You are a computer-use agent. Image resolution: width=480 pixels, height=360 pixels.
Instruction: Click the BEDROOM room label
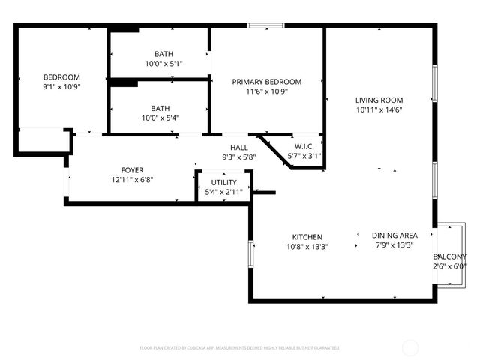coord(61,77)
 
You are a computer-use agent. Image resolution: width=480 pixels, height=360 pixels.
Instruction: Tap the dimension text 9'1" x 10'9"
coord(61,87)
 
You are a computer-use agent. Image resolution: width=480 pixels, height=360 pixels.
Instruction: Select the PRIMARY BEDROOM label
coord(266,82)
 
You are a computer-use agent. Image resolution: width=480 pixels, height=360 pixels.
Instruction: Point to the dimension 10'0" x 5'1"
coord(163,64)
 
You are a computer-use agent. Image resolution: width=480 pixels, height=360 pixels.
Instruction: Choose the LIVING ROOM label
coord(379,100)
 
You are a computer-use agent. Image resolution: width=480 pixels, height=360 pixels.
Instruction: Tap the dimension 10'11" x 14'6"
coord(379,109)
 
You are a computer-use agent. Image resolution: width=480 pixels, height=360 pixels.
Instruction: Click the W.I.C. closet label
coord(304,146)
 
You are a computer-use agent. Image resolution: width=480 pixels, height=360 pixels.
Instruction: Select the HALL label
coord(239,148)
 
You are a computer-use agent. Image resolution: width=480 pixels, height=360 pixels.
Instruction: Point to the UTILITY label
coord(223,182)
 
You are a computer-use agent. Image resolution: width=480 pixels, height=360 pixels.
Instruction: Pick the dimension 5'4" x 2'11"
coord(223,192)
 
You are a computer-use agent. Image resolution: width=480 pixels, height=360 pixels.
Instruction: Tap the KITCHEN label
coord(307,236)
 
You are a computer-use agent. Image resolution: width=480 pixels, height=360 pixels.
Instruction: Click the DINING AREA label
coord(394,235)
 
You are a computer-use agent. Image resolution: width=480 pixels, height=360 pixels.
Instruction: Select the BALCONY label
coord(449,256)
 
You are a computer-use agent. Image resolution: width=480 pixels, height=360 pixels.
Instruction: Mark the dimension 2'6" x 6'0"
coord(449,266)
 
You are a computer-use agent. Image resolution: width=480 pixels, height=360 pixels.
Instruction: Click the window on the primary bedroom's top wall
coord(265,27)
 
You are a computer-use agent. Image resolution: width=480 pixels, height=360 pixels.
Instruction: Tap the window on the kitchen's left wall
coord(250,259)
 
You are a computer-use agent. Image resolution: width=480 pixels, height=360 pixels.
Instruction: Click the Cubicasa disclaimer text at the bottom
coord(240,347)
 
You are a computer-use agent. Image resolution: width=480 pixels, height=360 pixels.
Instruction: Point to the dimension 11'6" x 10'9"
coord(266,91)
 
